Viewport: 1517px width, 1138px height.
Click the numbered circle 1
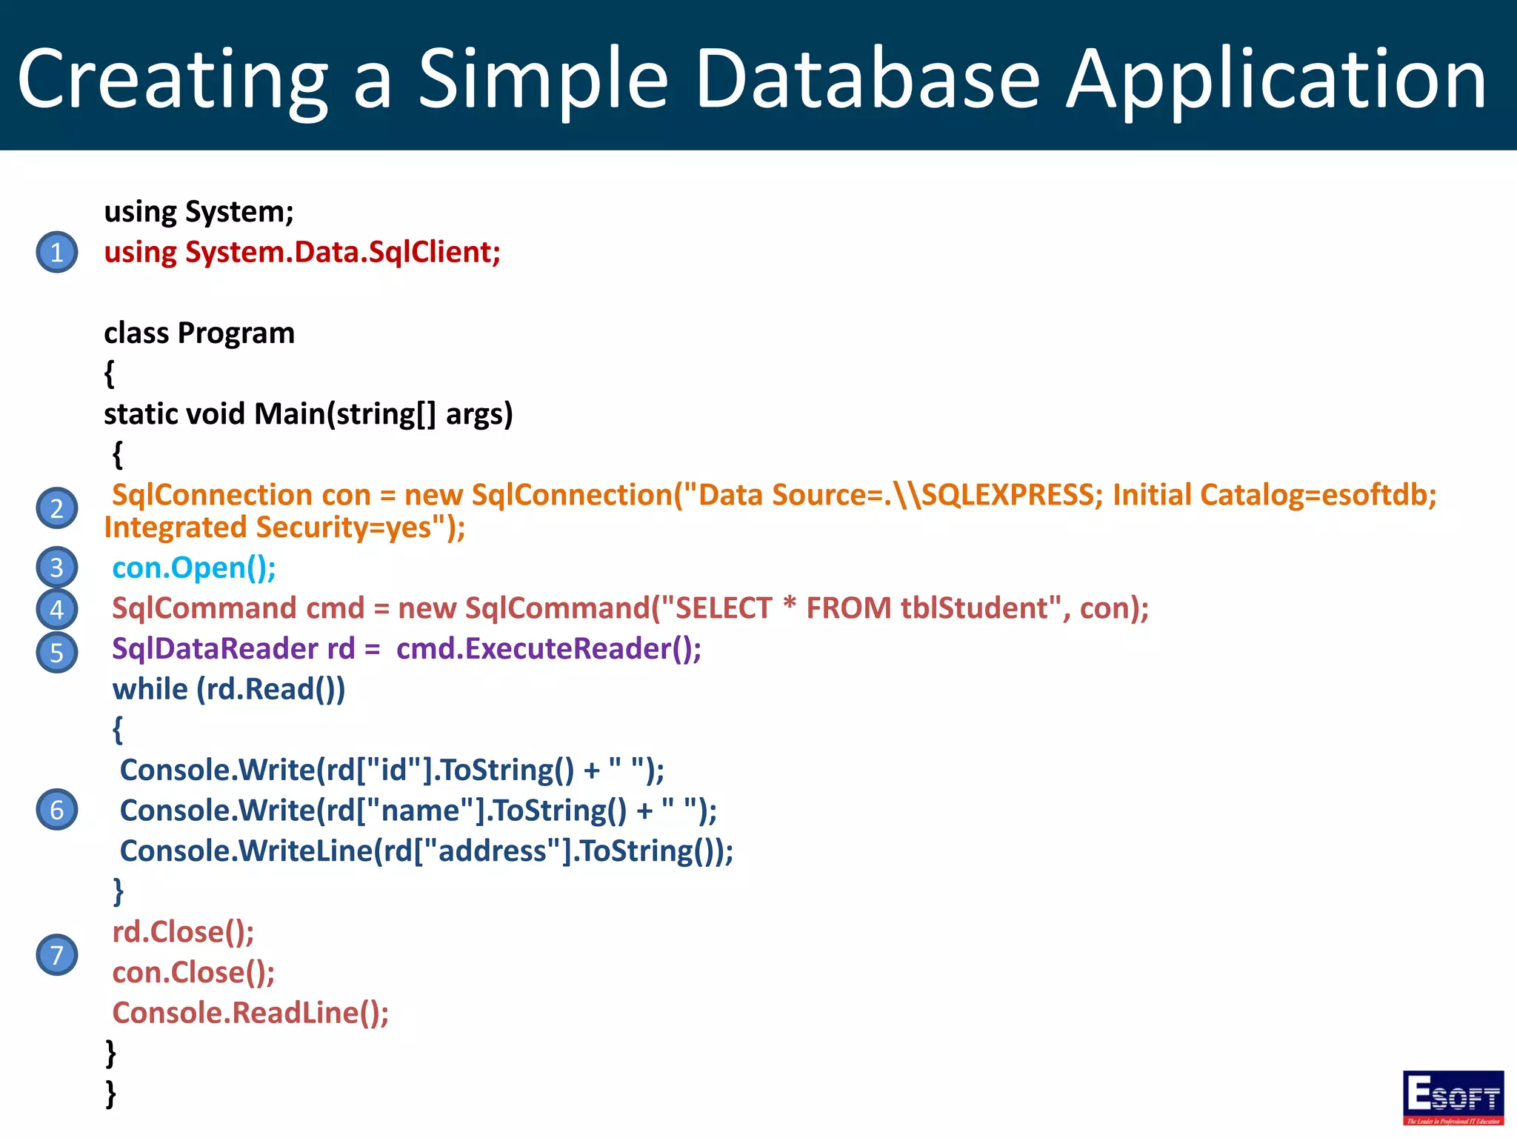coord(57,253)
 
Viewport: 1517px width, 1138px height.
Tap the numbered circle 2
coord(57,509)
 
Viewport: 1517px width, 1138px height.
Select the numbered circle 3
coord(57,568)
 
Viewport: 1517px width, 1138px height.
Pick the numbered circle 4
coord(57,609)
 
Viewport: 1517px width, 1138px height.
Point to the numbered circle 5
coord(57,652)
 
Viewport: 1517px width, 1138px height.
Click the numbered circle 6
coord(57,809)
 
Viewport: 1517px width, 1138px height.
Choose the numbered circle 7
coord(57,955)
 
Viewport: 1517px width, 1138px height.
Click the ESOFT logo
coord(1453,1097)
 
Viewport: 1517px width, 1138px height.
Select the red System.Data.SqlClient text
coord(342,253)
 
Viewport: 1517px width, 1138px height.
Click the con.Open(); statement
coord(194,568)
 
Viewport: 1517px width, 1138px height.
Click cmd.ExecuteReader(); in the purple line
coord(548,649)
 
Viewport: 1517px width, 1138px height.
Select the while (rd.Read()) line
coord(229,690)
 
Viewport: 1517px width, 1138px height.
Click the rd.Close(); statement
coord(183,932)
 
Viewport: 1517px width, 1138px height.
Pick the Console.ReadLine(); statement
coord(250,1013)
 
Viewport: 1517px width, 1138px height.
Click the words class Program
coord(199,333)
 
